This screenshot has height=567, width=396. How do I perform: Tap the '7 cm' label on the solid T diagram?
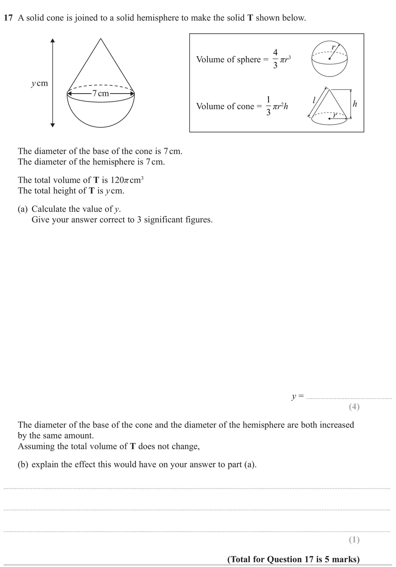pyautogui.click(x=100, y=94)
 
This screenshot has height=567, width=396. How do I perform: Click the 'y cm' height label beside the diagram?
pyautogui.click(x=39, y=83)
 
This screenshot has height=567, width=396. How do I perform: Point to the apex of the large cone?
pyautogui.click(x=101, y=39)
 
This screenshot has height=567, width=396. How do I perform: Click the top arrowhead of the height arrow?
pyautogui.click(x=53, y=40)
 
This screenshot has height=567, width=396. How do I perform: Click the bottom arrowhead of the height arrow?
pyautogui.click(x=53, y=125)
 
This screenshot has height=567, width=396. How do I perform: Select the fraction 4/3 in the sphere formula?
pyautogui.click(x=275, y=59)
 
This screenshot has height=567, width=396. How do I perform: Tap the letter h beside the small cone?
pyautogui.click(x=355, y=104)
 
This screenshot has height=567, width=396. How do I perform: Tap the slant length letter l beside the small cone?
pyautogui.click(x=314, y=100)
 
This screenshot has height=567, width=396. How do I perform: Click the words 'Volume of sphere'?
pyautogui.click(x=228, y=59)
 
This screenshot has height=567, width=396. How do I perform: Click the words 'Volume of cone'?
pyautogui.click(x=225, y=106)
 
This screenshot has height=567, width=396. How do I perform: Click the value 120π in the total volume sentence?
pyautogui.click(x=120, y=180)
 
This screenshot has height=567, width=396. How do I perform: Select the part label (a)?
pyautogui.click(x=23, y=209)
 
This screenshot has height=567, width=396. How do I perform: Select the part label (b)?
pyautogui.click(x=23, y=464)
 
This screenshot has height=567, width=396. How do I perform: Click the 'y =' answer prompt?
pyautogui.click(x=297, y=396)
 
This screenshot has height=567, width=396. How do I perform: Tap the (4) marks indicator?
pyautogui.click(x=354, y=406)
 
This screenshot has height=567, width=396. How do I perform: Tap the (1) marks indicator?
pyautogui.click(x=354, y=540)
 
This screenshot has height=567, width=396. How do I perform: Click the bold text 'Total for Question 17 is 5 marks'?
pyautogui.click(x=293, y=559)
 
